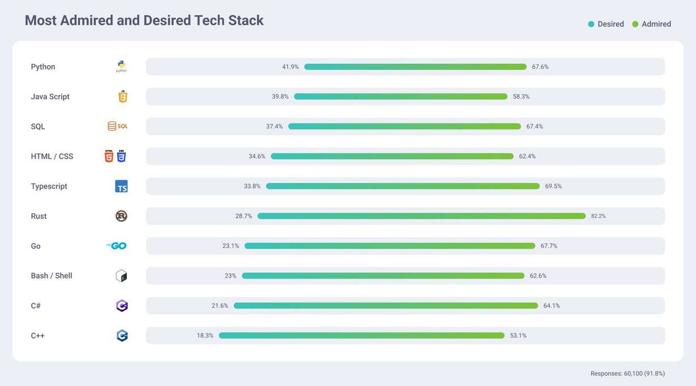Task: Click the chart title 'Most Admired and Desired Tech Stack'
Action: tap(144, 20)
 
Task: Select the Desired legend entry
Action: tap(606, 24)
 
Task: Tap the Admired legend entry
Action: tap(651, 24)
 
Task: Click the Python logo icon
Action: tap(121, 66)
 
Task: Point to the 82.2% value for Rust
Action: tap(598, 216)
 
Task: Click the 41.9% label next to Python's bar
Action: tap(290, 67)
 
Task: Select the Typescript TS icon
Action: tap(121, 186)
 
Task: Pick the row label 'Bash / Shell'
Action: tap(52, 276)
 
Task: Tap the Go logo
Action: tap(116, 246)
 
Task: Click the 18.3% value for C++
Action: tap(205, 336)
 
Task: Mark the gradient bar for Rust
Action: tap(421, 216)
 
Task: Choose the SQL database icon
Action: tap(117, 126)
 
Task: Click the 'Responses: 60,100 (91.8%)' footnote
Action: tap(627, 374)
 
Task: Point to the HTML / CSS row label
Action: tap(52, 156)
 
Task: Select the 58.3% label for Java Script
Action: tap(521, 97)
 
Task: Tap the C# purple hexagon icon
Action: tap(121, 306)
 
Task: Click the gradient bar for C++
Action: tap(362, 336)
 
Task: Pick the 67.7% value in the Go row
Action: tap(549, 246)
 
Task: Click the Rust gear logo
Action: tap(121, 216)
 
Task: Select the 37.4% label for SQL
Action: tap(274, 127)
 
